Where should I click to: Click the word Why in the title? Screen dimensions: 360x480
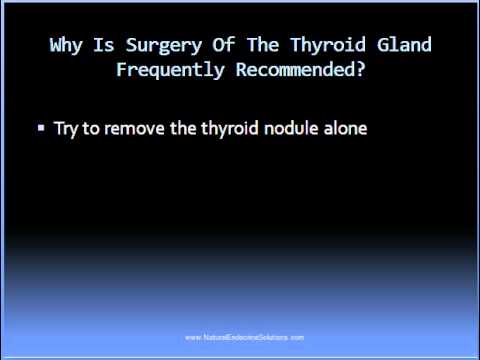[x=66, y=46]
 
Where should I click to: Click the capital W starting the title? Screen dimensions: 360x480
[x=56, y=46]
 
